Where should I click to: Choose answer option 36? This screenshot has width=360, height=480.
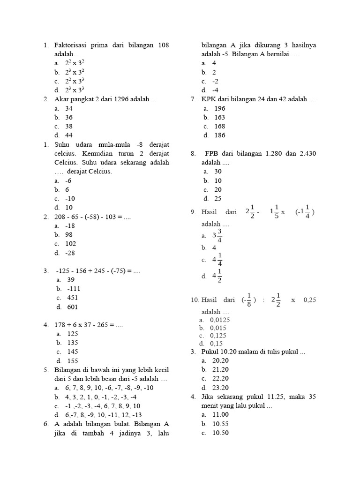click(x=69, y=118)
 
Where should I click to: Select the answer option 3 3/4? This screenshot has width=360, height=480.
click(x=217, y=236)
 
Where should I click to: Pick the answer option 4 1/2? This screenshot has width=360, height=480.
click(x=217, y=276)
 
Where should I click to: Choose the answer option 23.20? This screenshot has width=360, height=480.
click(x=220, y=388)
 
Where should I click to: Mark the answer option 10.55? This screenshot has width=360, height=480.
click(x=220, y=424)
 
